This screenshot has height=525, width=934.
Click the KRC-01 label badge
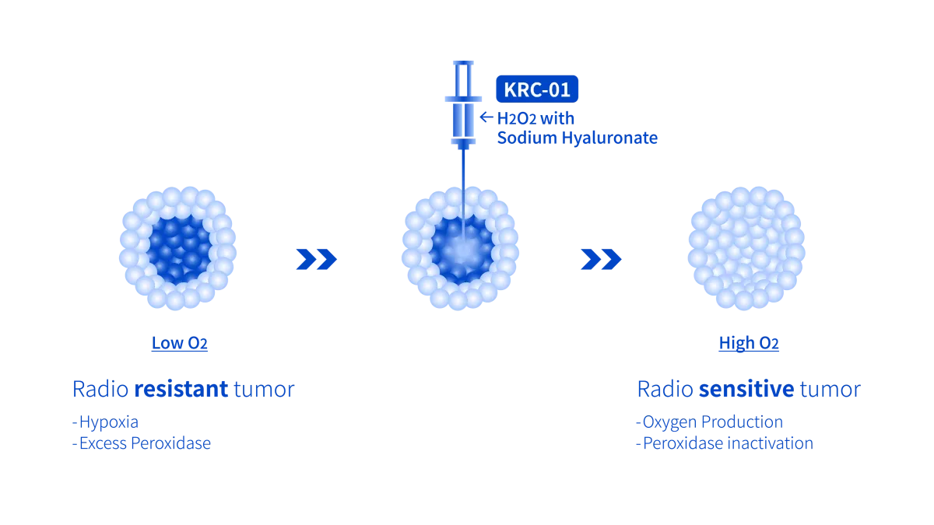click(536, 89)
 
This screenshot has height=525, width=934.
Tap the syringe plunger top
click(463, 61)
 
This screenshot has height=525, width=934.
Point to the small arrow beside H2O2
click(486, 118)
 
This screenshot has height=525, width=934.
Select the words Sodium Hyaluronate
click(578, 138)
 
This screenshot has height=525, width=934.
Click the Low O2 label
click(180, 344)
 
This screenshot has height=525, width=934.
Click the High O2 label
click(748, 344)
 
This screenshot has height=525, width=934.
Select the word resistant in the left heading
click(181, 389)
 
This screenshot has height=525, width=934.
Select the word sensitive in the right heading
click(746, 389)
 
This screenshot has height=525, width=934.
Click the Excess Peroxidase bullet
click(141, 444)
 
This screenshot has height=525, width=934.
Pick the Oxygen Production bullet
click(710, 422)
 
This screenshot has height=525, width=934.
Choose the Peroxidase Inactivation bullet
click(725, 444)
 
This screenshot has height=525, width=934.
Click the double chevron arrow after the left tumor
click(315, 258)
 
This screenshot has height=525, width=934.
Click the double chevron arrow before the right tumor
click(600, 258)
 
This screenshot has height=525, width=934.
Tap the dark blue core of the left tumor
click(180, 248)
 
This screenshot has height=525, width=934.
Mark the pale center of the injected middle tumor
click(462, 250)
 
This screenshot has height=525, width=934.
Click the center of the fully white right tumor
click(746, 247)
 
